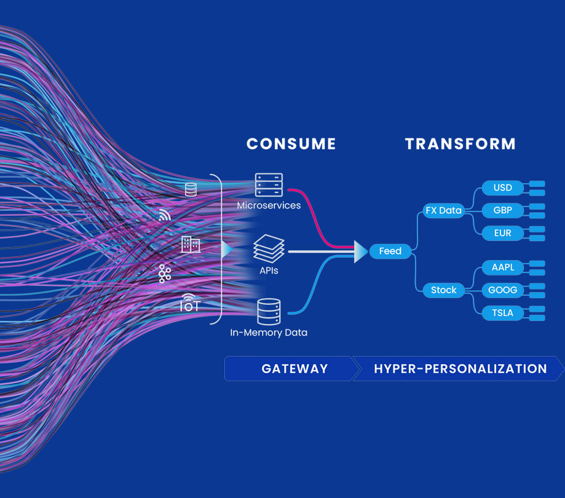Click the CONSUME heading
coord(291,144)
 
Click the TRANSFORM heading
coord(460,144)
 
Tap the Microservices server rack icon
coord(269,185)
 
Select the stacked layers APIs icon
coord(269,248)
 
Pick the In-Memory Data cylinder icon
coord(269,312)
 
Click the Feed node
coord(390,251)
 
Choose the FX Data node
coord(443,210)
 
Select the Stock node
coord(443,290)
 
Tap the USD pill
coord(503,188)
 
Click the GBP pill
coord(503,210)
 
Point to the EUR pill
coord(503,233)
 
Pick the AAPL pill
coord(503,267)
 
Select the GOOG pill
coord(503,290)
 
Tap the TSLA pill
coord(503,312)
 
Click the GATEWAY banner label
coord(294,369)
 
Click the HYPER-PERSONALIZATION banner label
coord(460,369)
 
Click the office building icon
coord(191,244)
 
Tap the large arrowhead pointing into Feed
coord(361,251)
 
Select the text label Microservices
coord(269,205)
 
